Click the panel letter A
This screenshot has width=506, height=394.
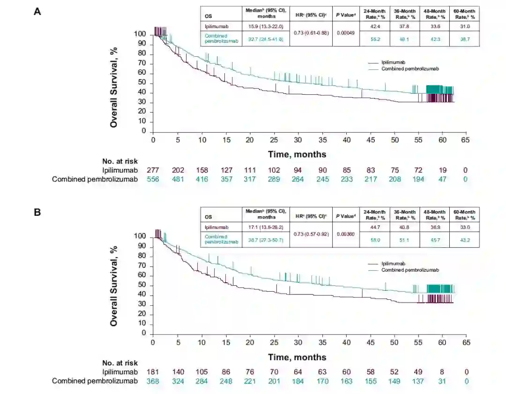click(37, 12)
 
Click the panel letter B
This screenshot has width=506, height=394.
click(37, 212)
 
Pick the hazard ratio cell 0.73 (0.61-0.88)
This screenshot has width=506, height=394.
click(311, 33)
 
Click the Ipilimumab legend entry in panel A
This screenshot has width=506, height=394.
click(393, 62)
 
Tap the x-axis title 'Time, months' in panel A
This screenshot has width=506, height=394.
click(297, 154)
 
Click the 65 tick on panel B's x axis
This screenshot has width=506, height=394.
click(466, 342)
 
